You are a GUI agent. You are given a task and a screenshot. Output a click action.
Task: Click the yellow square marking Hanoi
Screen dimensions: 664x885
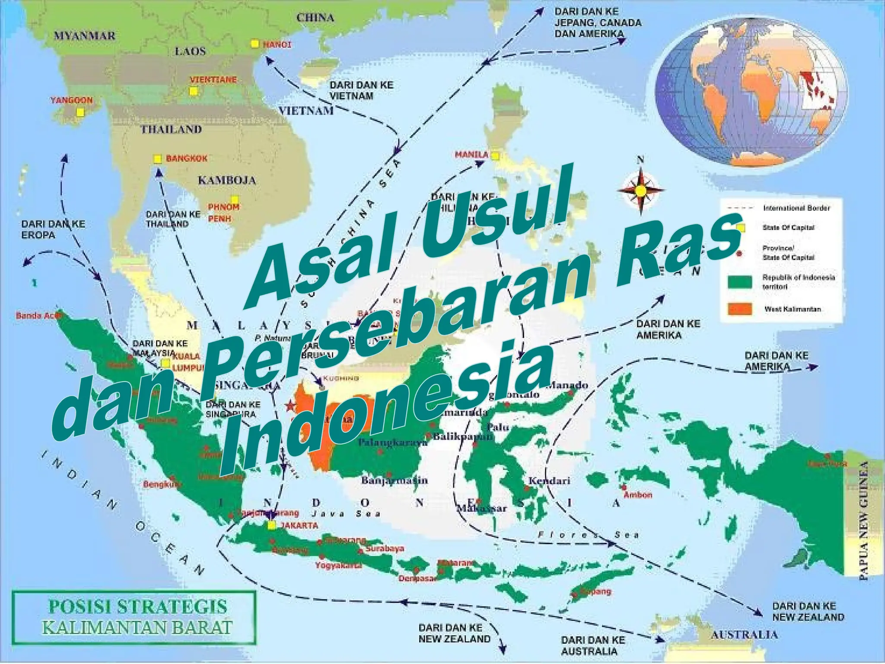[255, 44]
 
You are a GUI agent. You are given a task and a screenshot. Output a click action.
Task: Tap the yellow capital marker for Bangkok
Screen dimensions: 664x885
[158, 159]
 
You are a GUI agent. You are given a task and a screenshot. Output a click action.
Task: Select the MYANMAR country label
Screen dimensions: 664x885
[85, 35]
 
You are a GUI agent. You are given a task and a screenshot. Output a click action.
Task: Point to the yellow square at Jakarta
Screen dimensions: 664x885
[271, 525]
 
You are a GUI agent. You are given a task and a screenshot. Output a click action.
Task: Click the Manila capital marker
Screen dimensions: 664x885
[495, 156]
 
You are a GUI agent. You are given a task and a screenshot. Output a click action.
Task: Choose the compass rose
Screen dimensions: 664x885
[640, 191]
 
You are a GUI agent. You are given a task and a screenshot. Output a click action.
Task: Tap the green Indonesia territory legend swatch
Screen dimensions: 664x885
[740, 282]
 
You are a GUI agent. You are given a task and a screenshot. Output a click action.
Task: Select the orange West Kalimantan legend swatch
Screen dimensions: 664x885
[740, 309]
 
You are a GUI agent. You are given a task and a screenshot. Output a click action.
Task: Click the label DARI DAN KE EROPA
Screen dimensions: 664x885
[53, 230]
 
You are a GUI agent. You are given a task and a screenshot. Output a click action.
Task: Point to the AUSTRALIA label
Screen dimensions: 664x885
[744, 635]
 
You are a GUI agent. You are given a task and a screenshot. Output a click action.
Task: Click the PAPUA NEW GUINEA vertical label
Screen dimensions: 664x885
[863, 520]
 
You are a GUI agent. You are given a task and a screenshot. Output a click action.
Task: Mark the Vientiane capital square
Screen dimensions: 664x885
[193, 91]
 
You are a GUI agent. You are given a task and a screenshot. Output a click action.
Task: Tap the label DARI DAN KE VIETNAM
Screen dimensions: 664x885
[361, 90]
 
